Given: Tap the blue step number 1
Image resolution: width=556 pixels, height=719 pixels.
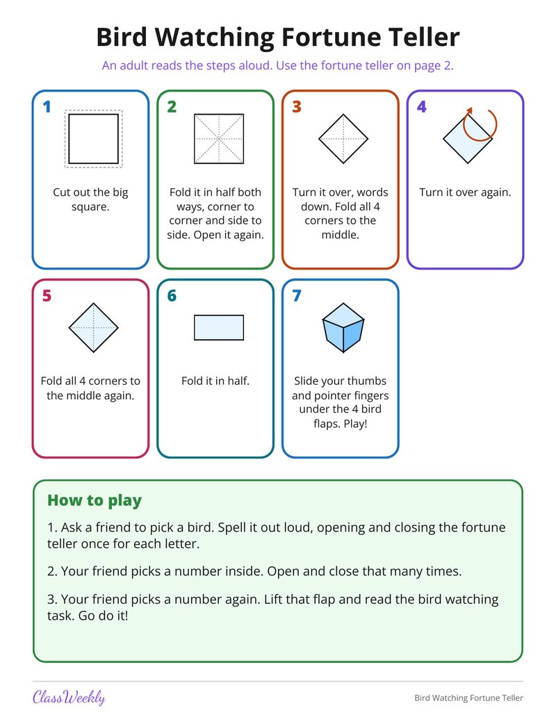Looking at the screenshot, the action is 47,107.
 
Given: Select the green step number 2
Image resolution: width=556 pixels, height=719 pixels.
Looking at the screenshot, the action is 172,107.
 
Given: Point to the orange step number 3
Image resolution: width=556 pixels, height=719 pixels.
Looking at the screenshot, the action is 297,107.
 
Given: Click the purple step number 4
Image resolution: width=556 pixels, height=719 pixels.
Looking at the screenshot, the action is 422,107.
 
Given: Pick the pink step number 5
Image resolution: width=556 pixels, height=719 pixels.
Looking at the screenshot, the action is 47,296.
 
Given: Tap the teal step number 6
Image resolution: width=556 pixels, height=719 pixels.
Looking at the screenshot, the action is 172,296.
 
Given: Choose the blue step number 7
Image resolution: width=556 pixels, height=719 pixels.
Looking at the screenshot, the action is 297,296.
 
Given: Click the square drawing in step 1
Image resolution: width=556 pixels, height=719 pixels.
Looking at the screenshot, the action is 94,138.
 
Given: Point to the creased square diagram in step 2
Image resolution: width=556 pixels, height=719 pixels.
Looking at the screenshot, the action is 219,138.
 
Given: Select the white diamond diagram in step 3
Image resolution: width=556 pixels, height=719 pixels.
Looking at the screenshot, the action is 343,138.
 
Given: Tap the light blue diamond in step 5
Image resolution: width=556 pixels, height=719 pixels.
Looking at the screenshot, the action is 94,327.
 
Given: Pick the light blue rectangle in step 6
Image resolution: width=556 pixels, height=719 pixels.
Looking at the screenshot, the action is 219,327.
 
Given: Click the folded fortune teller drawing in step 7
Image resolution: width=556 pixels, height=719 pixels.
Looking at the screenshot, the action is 343,327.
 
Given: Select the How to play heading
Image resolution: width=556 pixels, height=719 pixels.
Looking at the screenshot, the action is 95,500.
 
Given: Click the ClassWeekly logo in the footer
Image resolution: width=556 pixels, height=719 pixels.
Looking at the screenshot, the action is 69,697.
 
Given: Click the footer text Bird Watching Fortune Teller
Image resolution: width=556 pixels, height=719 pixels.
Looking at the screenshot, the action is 468,698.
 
